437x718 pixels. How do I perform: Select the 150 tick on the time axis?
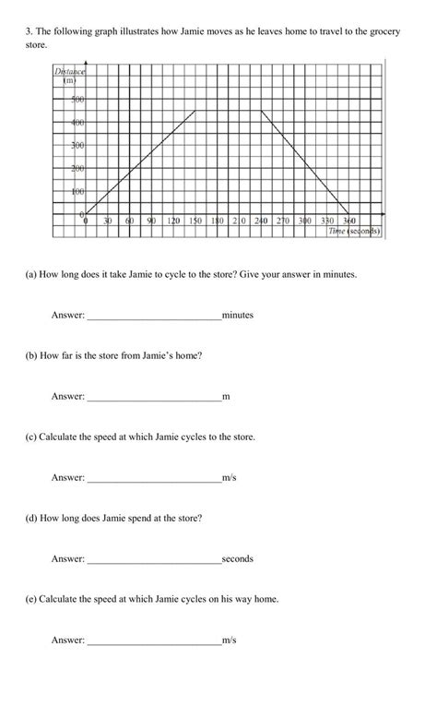coord(195,221)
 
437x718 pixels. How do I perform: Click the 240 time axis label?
coord(260,221)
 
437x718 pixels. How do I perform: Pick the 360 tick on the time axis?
coord(348,221)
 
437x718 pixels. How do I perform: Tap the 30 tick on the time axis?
coord(107,221)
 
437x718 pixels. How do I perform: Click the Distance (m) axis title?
coord(69,77)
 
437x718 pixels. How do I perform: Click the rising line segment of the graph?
coord(140,162)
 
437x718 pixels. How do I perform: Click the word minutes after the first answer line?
coord(238,315)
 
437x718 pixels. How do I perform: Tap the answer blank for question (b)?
coord(153,397)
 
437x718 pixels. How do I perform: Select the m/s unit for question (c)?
coord(230,477)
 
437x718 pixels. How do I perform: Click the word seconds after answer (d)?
coord(238,558)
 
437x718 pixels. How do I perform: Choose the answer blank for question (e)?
coord(153,640)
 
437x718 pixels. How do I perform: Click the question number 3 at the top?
coord(28,31)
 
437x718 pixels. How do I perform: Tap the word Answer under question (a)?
coord(67,315)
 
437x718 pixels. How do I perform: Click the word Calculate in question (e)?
coord(60,599)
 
